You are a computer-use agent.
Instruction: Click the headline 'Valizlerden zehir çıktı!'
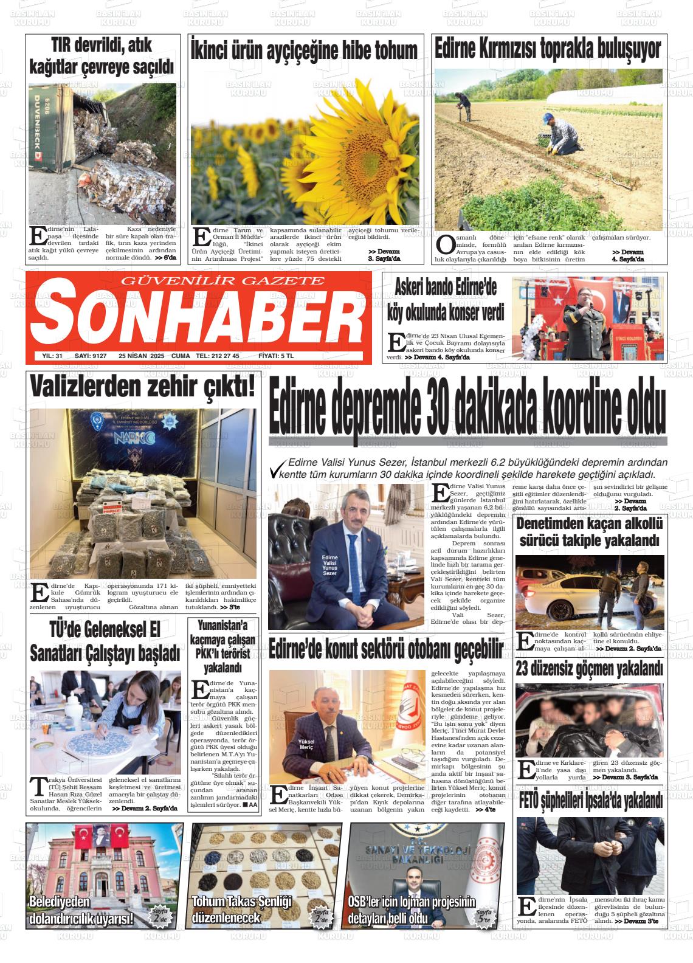[143, 388]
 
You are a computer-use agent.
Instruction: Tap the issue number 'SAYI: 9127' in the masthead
[90, 356]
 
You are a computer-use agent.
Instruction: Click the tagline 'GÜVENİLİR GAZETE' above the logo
[223, 281]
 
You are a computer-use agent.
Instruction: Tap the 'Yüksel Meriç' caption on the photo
[309, 744]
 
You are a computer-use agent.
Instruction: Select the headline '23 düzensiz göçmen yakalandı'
[589, 669]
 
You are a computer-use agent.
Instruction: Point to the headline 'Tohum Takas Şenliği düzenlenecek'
[243, 910]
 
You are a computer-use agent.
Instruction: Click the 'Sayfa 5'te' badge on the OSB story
[484, 917]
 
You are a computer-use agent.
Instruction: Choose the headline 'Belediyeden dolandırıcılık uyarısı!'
[81, 910]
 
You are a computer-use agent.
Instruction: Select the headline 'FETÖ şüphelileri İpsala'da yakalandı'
[589, 802]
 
